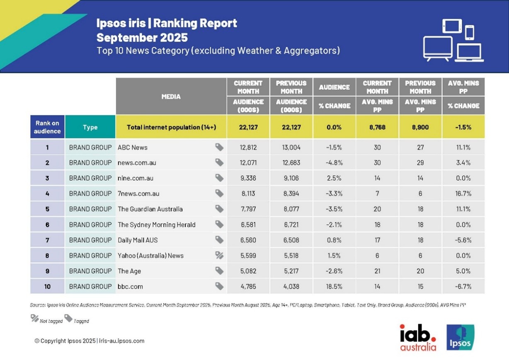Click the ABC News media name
point(133,147)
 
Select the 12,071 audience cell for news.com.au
point(248,163)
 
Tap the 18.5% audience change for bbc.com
point(334,286)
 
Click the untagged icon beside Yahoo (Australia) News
point(219,255)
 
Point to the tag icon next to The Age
point(219,271)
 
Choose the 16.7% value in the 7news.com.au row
point(463,193)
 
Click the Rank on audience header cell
point(47,127)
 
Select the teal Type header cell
point(90,127)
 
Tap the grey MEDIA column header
point(171,97)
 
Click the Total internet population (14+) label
point(171,127)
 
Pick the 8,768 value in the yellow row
point(377,127)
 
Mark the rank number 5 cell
point(47,209)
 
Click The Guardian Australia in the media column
point(150,209)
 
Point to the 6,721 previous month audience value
point(291,225)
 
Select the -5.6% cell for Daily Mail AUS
point(463,240)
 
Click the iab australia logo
point(418,337)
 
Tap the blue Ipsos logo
point(461,337)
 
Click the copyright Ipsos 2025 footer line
point(89,341)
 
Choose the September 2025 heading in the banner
point(142,38)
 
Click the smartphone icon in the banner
point(469,32)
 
